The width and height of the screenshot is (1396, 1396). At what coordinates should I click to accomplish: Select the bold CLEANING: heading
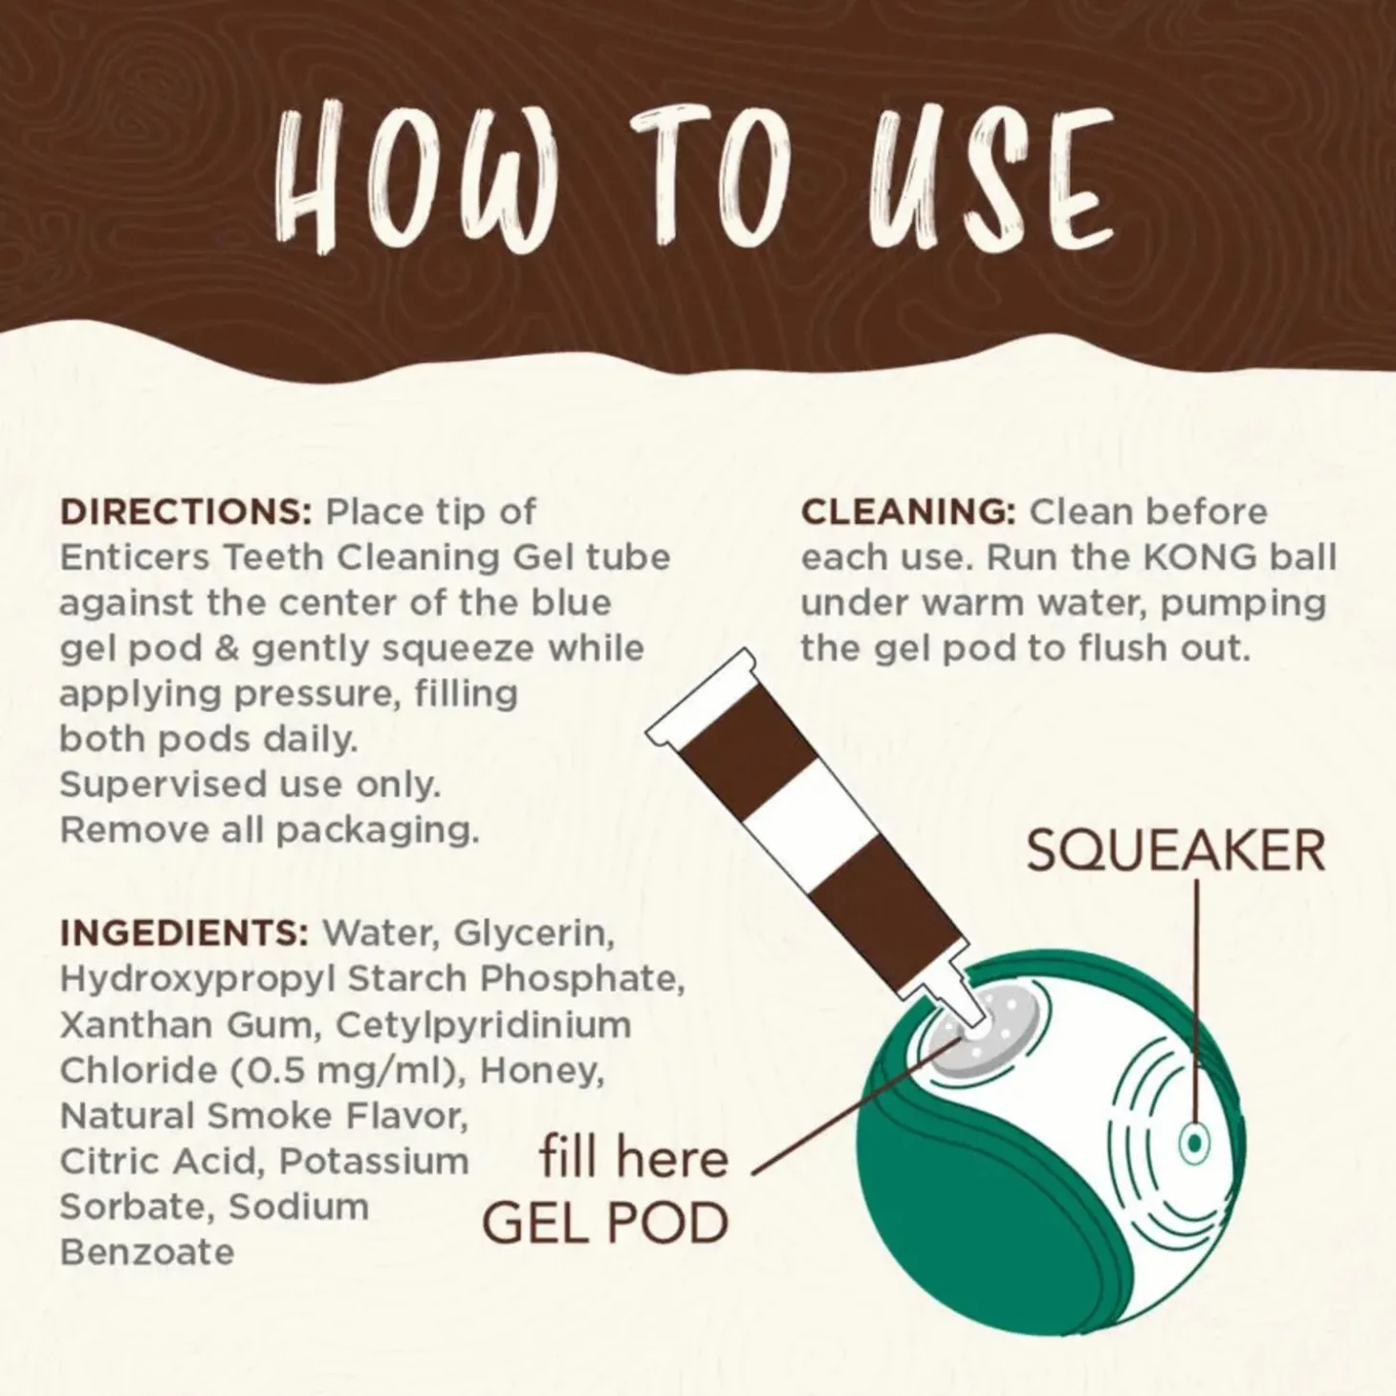(x=908, y=513)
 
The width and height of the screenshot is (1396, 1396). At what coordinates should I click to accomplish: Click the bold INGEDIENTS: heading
(x=185, y=933)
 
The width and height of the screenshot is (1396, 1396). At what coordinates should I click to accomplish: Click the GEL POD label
(x=605, y=1224)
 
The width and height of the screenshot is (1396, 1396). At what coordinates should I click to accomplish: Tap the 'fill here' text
(x=634, y=1158)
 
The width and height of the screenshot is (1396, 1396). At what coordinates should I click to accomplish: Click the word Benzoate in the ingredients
(x=147, y=1253)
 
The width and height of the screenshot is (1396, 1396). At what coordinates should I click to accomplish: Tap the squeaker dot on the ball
(x=1194, y=1144)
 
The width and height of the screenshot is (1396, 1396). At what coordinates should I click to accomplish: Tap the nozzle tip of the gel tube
(x=971, y=1019)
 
